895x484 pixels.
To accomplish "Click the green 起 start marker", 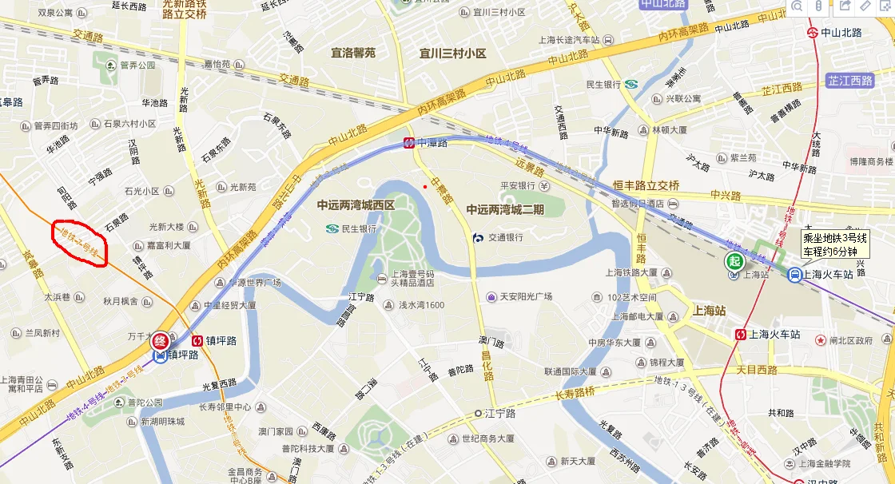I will click(734, 261).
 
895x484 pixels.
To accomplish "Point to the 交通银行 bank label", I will click(505, 237).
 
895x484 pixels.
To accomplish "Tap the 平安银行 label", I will click(516, 186).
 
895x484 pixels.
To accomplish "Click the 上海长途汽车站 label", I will click(570, 40).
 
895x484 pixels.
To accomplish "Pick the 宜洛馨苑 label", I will click(353, 54).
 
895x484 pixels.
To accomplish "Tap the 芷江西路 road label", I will click(850, 81).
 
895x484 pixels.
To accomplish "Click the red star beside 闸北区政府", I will click(820, 340).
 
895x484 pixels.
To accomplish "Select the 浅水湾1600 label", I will click(421, 305).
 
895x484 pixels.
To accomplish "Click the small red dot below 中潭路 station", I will click(425, 187).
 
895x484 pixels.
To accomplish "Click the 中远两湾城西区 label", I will click(356, 205).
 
